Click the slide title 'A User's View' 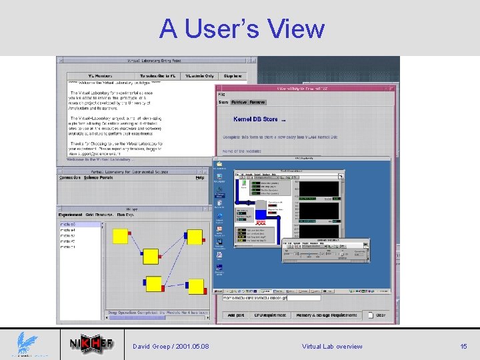click(x=241, y=29)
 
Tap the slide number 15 click(x=464, y=346)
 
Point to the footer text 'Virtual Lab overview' click(x=332, y=346)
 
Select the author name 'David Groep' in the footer click(x=152, y=346)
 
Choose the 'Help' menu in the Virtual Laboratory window click(x=199, y=177)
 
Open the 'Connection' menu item click(x=70, y=177)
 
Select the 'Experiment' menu click(x=71, y=215)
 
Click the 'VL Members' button click(x=99, y=76)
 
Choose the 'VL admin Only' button click(x=199, y=76)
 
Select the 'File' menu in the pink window click(x=222, y=95)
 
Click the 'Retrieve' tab click(x=239, y=102)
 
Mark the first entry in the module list click(x=68, y=225)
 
